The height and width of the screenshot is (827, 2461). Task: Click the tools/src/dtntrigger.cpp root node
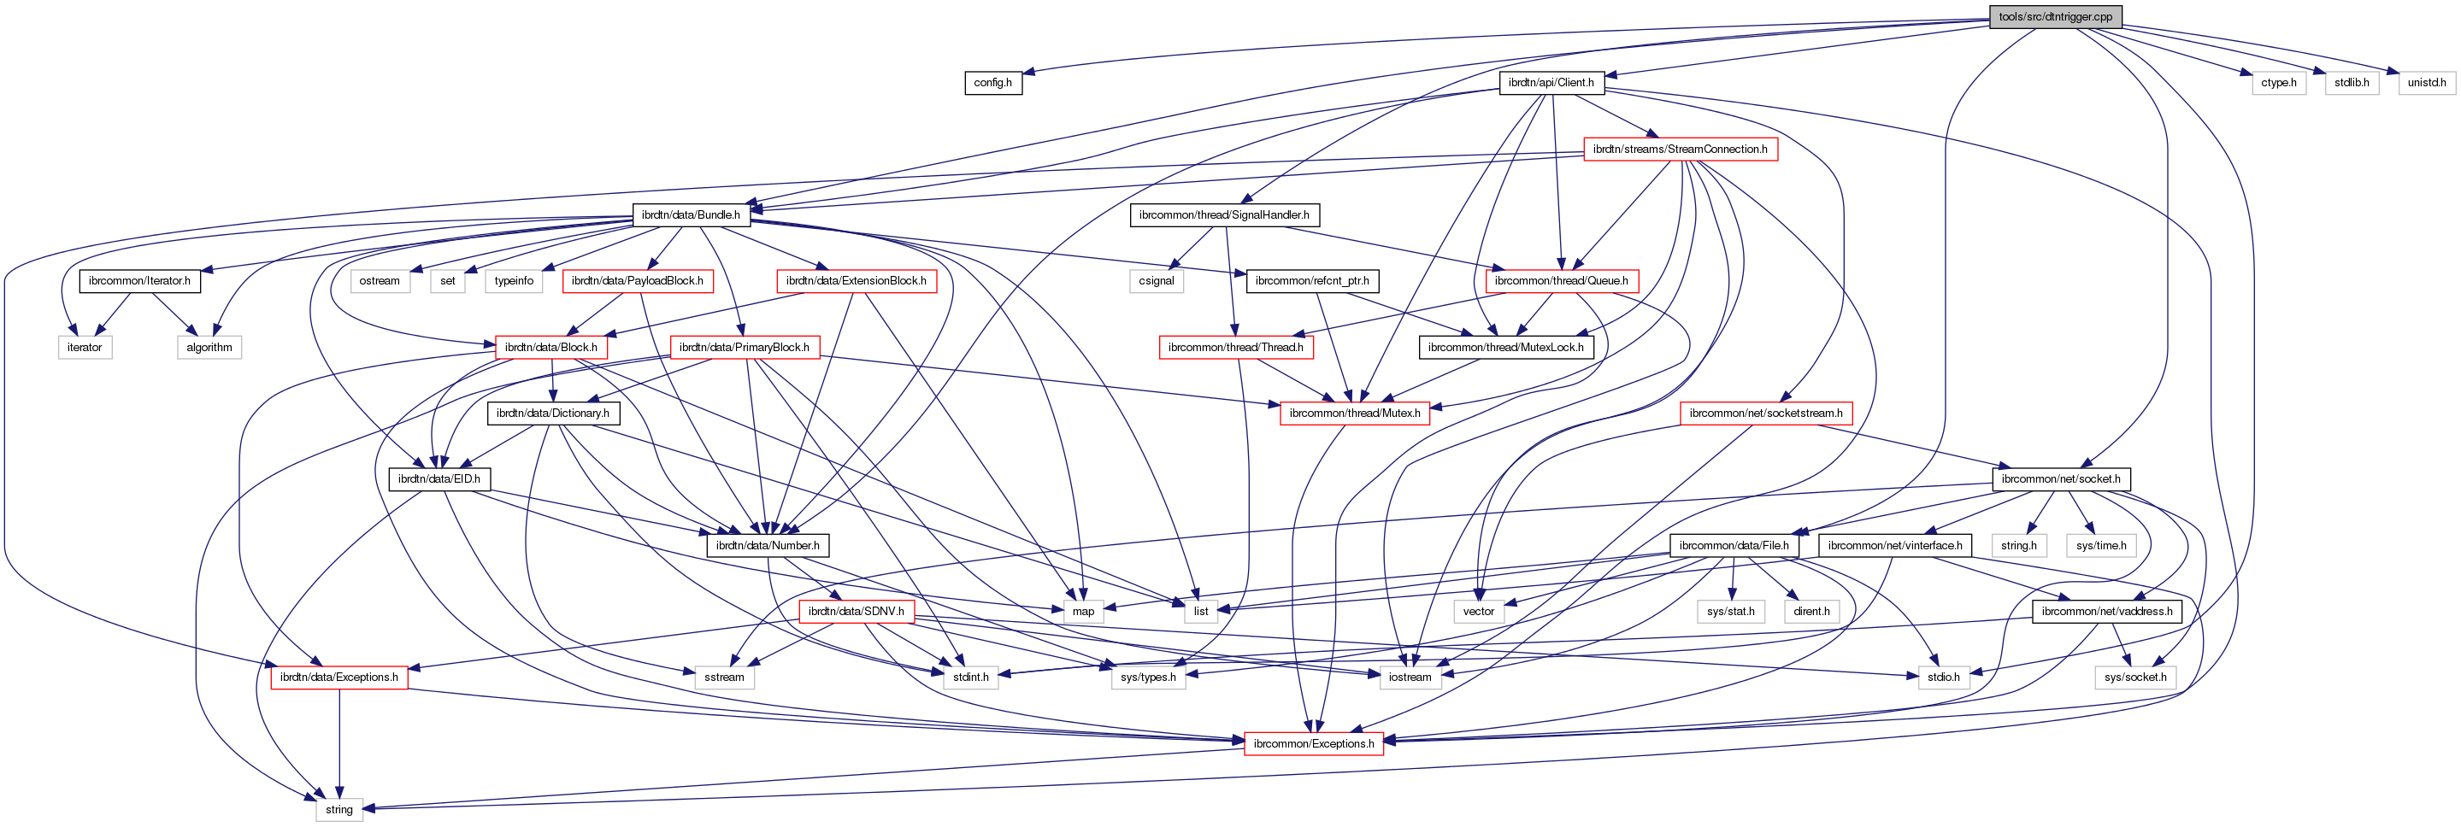(2055, 16)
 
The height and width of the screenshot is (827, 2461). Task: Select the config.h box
(992, 83)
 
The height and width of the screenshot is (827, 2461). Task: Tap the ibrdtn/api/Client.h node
(1551, 83)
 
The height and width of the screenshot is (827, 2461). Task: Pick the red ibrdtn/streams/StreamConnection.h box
(1680, 149)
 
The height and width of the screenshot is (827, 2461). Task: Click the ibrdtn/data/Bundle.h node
(691, 215)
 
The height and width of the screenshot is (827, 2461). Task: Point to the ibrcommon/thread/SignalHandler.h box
(1224, 215)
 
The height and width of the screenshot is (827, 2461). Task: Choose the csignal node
(1156, 281)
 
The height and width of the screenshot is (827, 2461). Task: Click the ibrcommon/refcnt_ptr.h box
(1311, 281)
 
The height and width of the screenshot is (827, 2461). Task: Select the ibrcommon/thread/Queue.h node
(1561, 281)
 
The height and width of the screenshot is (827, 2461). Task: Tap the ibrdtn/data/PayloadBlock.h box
(637, 281)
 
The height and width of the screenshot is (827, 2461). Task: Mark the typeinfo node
(514, 281)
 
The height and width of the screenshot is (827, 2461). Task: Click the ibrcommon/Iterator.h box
(139, 281)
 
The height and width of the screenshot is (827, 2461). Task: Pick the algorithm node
(209, 348)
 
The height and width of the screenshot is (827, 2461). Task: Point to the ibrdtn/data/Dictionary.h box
(552, 413)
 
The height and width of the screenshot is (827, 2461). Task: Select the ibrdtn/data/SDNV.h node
(856, 611)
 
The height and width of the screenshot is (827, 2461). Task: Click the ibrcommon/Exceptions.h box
(1314, 744)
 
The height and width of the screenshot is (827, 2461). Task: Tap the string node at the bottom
(339, 810)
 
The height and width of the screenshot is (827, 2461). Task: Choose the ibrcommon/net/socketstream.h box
(1765, 413)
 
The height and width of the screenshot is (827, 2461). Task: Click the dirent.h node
(1811, 611)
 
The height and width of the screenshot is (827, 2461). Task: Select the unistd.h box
(2426, 83)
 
